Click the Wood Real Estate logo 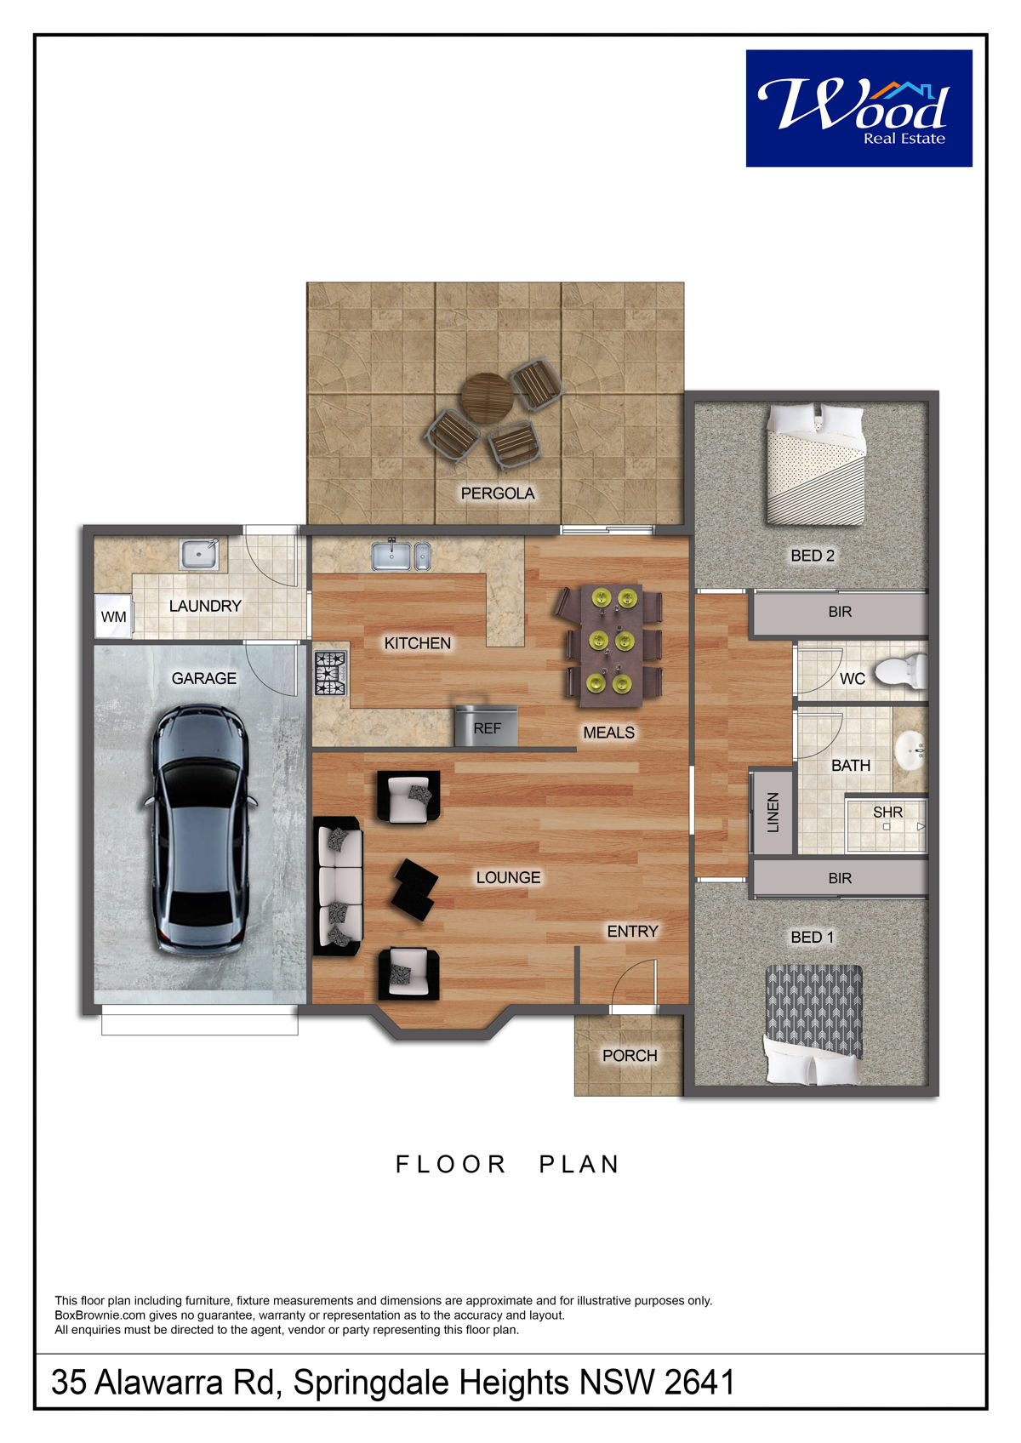[858, 108]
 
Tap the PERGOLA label [497, 493]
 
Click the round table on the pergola [487, 398]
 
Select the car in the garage [200, 830]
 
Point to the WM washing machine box [113, 617]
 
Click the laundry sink [199, 554]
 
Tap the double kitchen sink [401, 556]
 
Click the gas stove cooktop [330, 673]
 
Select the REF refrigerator [487, 727]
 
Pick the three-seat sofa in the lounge [338, 886]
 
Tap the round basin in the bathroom [910, 750]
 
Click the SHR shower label [887, 813]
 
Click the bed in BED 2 [815, 463]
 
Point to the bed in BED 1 [813, 1024]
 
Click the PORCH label [630, 1055]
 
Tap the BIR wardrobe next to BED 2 [840, 612]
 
